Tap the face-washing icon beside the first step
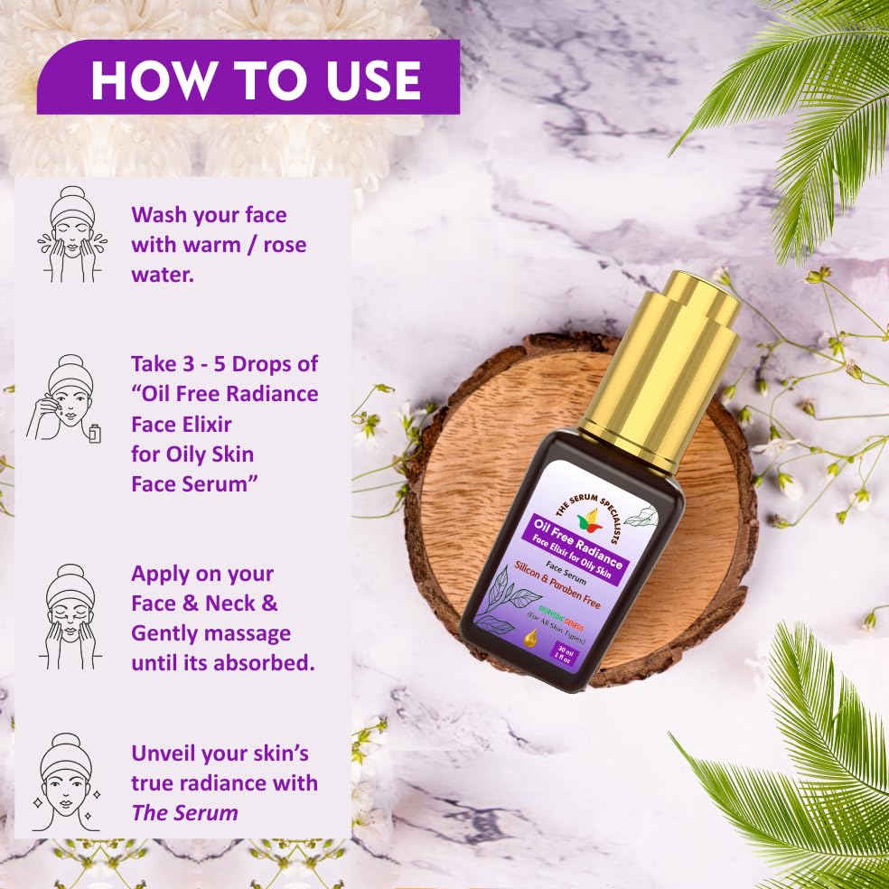click(70, 235)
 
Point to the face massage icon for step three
click(70, 616)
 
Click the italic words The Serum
click(184, 812)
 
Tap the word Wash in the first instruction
click(161, 215)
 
